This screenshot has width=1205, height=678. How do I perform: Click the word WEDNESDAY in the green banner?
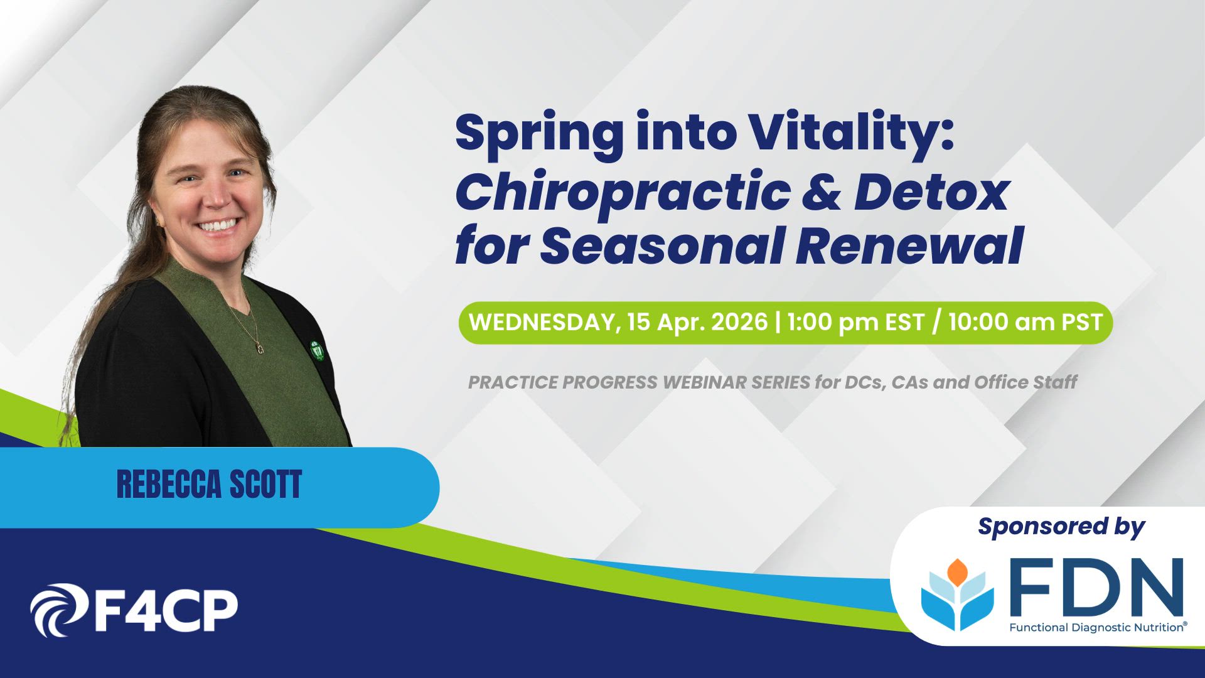click(x=542, y=322)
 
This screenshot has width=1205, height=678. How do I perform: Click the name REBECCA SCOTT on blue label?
click(x=209, y=485)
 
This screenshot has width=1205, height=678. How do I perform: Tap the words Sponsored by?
click(x=1061, y=527)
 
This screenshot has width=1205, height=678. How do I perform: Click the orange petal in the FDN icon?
click(x=957, y=571)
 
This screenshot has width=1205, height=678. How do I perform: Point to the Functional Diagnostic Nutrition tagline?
click(x=1098, y=627)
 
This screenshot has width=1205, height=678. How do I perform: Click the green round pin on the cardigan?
click(x=316, y=350)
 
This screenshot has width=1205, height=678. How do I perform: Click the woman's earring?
click(x=158, y=222)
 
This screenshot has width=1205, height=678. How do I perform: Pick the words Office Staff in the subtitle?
click(x=1026, y=382)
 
